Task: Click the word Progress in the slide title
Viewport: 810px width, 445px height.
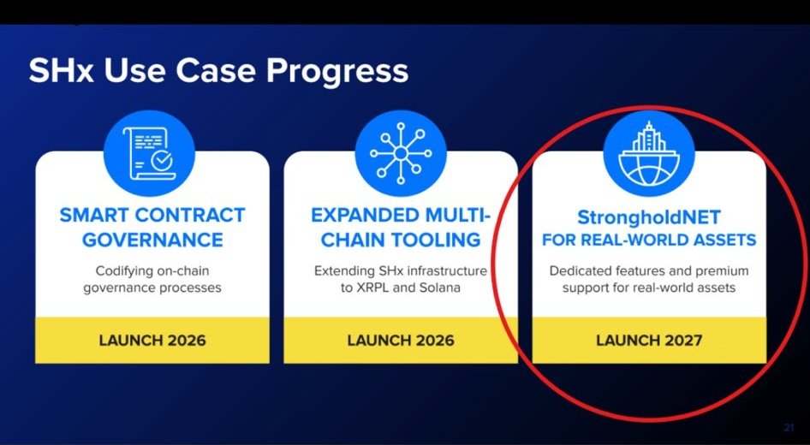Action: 337,71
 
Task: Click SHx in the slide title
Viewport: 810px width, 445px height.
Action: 61,70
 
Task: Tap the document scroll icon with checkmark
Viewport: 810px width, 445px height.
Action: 149,153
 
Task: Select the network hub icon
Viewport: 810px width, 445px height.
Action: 401,153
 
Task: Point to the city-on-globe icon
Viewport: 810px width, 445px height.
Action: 649,153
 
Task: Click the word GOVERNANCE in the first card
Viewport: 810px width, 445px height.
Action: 153,240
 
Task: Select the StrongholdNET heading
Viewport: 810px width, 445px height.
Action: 649,217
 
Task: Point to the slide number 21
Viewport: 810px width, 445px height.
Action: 789,427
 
